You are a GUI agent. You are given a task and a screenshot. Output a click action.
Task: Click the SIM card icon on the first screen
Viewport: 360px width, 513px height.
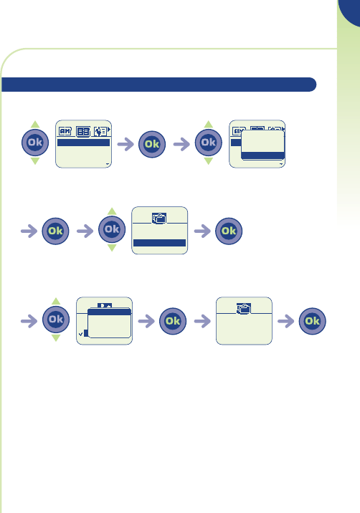click(x=65, y=131)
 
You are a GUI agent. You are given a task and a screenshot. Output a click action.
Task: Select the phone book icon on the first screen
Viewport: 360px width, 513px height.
click(x=83, y=132)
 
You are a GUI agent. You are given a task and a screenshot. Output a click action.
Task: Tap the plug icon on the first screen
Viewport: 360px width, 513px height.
click(x=100, y=132)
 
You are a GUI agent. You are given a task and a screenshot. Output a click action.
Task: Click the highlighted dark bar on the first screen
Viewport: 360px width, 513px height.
click(x=83, y=143)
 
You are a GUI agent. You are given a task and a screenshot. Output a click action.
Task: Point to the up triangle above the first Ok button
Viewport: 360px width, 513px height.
click(x=35, y=125)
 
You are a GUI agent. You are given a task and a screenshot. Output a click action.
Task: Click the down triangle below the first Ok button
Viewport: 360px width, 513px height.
click(x=35, y=160)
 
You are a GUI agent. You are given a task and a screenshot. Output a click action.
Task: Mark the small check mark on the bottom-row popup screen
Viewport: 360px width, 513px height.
click(x=80, y=334)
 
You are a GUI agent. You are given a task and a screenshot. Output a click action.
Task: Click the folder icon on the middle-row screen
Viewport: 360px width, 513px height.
click(x=159, y=219)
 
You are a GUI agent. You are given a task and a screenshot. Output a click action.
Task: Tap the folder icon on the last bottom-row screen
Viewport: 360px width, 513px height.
click(x=244, y=309)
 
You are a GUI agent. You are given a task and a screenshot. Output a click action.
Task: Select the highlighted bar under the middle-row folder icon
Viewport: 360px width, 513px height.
click(x=159, y=243)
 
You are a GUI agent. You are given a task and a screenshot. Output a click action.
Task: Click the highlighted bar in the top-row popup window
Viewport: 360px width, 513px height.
click(x=262, y=155)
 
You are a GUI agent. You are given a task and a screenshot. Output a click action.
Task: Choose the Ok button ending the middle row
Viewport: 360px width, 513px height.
click(x=229, y=231)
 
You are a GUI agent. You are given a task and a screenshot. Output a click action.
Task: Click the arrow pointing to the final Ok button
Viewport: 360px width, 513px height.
click(x=286, y=321)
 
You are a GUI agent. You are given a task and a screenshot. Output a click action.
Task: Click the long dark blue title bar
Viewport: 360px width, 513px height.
click(x=159, y=85)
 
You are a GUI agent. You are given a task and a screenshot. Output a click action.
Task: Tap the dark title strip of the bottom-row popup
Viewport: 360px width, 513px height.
click(x=110, y=312)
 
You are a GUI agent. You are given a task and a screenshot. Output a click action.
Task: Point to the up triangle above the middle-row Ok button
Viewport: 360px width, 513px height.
click(x=112, y=211)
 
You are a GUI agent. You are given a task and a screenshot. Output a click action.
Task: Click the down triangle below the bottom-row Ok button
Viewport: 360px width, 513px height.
click(x=56, y=337)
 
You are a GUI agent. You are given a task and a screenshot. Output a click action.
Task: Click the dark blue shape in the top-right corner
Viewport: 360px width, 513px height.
click(x=350, y=12)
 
